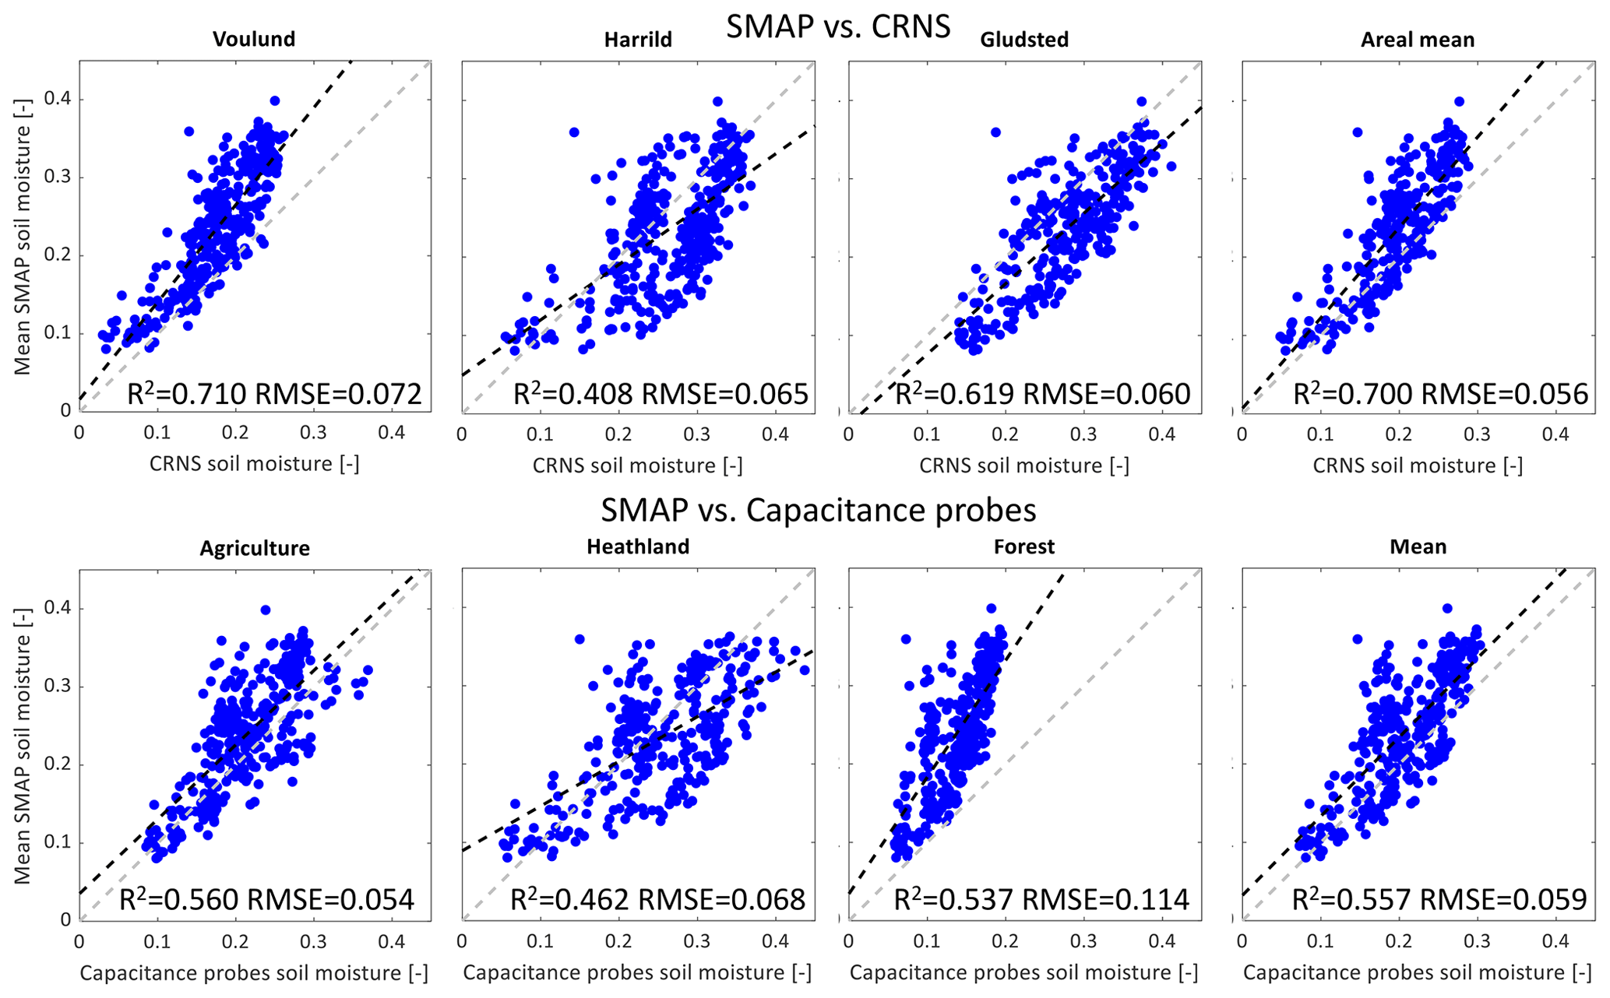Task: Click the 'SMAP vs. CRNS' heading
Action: [x=838, y=26]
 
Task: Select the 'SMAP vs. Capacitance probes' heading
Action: [x=818, y=510]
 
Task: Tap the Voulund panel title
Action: [x=254, y=39]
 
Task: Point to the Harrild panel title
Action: [x=638, y=40]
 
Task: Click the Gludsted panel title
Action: [x=1024, y=40]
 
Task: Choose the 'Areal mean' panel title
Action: [x=1418, y=40]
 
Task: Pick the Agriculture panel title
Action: [x=255, y=548]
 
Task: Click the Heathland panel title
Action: [x=638, y=546]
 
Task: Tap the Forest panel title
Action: [x=1024, y=546]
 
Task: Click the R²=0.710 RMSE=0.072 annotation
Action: [x=274, y=394]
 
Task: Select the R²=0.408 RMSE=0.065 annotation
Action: [x=661, y=394]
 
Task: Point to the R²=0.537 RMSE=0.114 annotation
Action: [x=1041, y=899]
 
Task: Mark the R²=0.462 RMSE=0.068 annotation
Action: [x=657, y=899]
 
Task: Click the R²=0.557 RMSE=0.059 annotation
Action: [x=1439, y=899]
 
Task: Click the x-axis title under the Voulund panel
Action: [x=254, y=464]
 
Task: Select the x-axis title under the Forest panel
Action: [x=1023, y=972]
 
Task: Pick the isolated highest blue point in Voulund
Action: [x=275, y=100]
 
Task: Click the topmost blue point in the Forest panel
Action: [x=991, y=609]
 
